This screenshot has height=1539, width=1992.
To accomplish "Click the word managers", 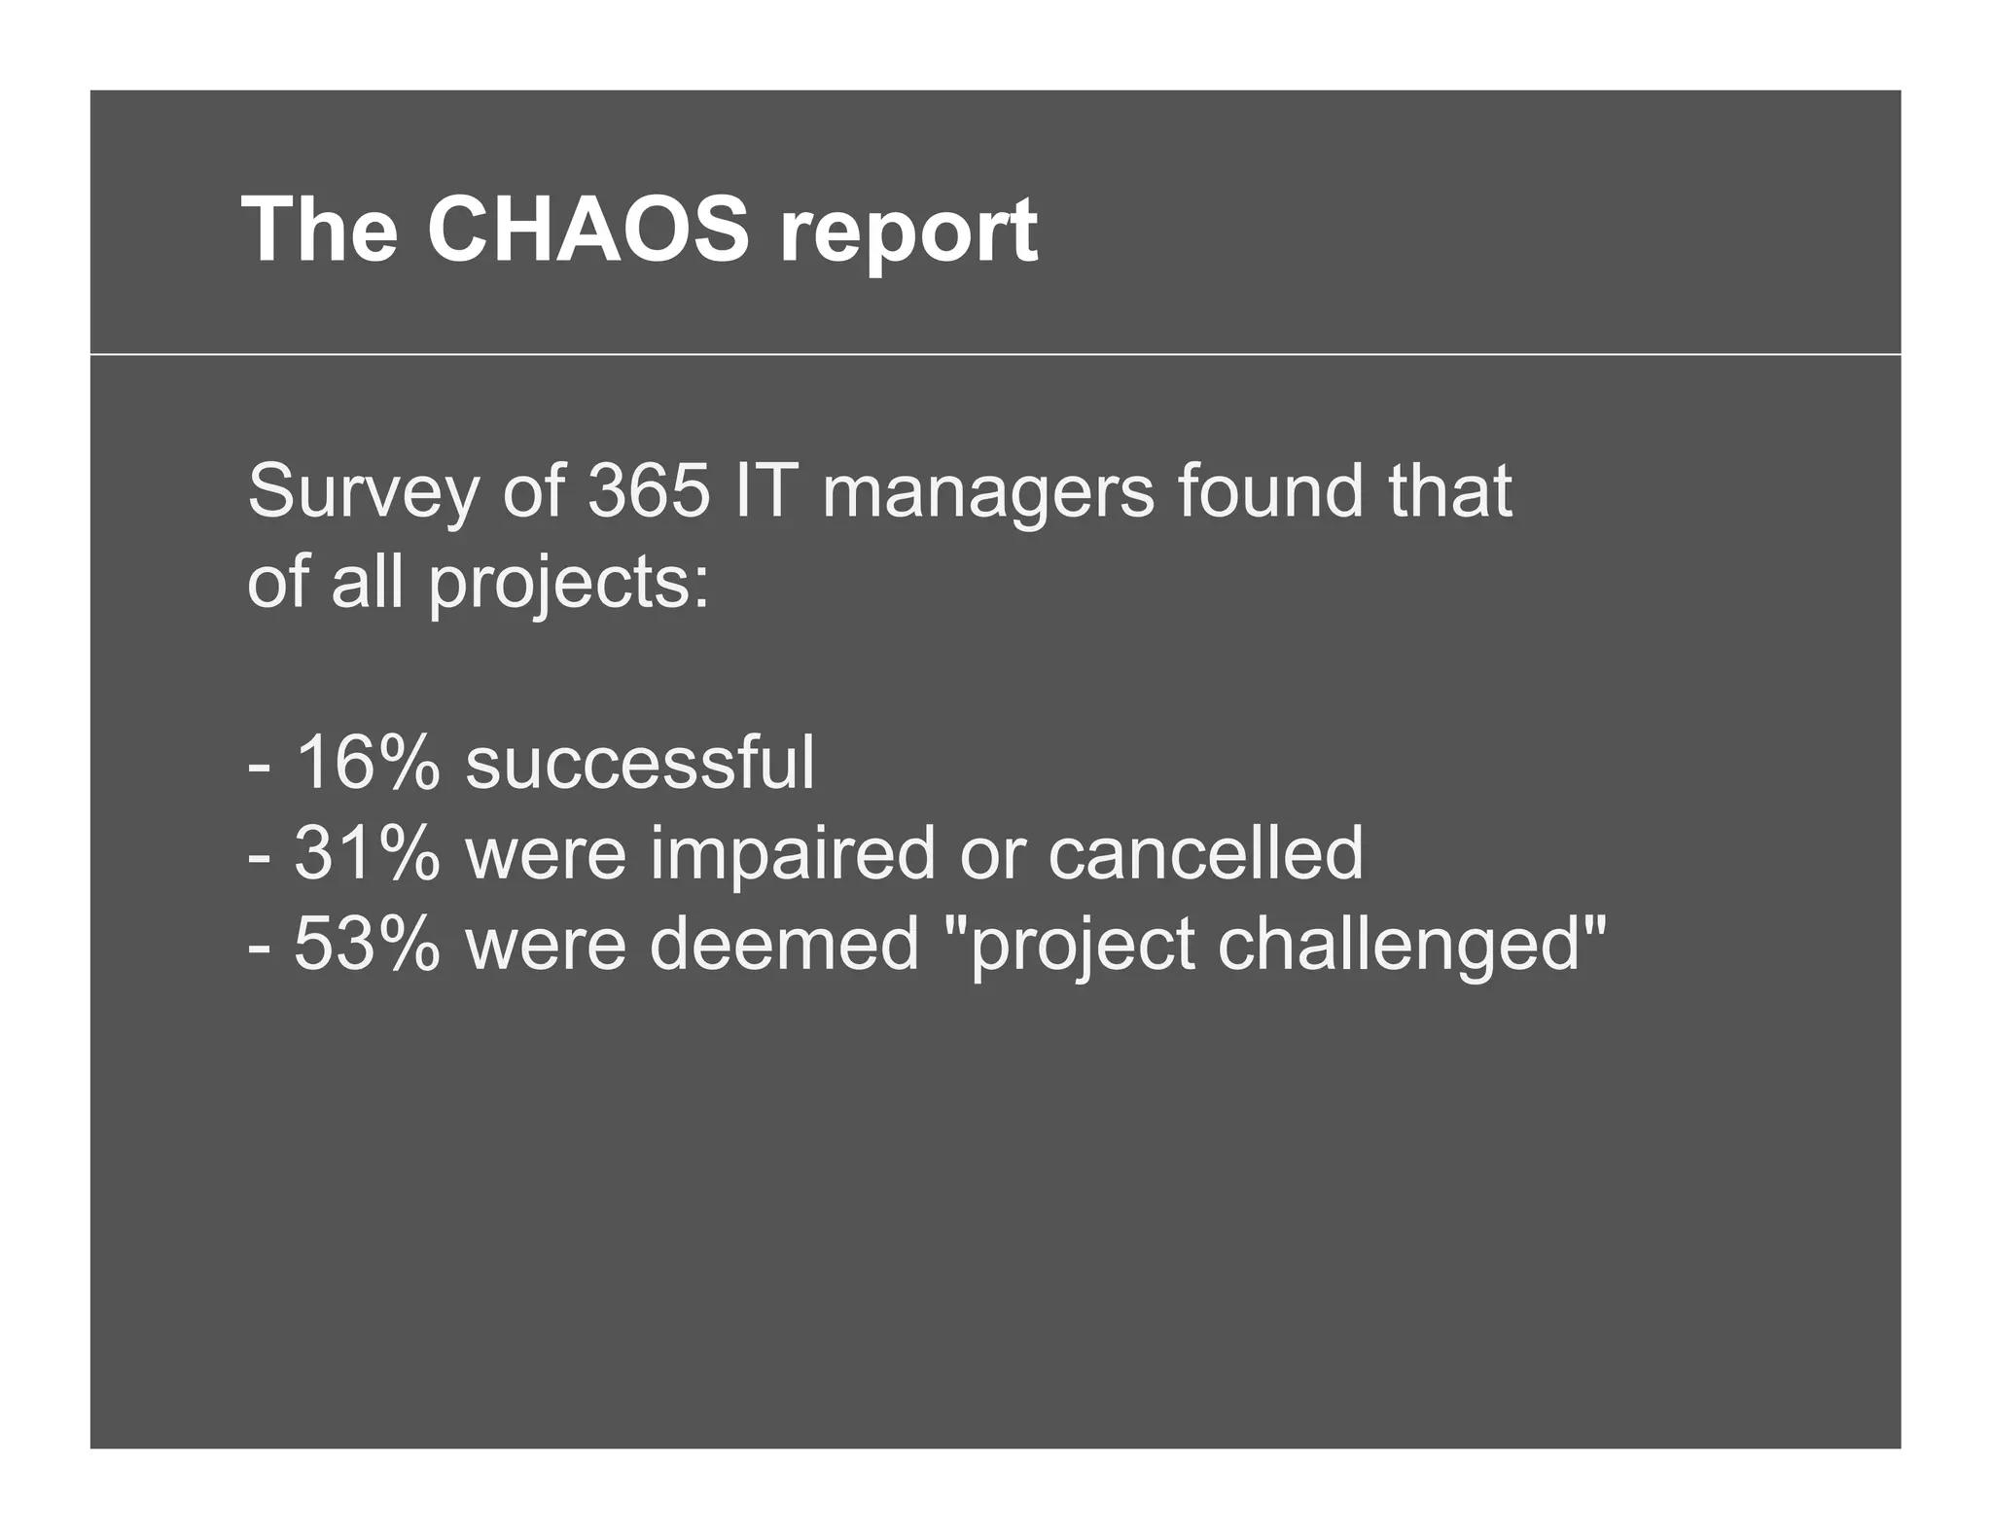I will (988, 493).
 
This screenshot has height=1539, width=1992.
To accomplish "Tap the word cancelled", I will (1205, 852).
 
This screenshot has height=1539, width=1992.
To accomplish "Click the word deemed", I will (784, 944).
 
